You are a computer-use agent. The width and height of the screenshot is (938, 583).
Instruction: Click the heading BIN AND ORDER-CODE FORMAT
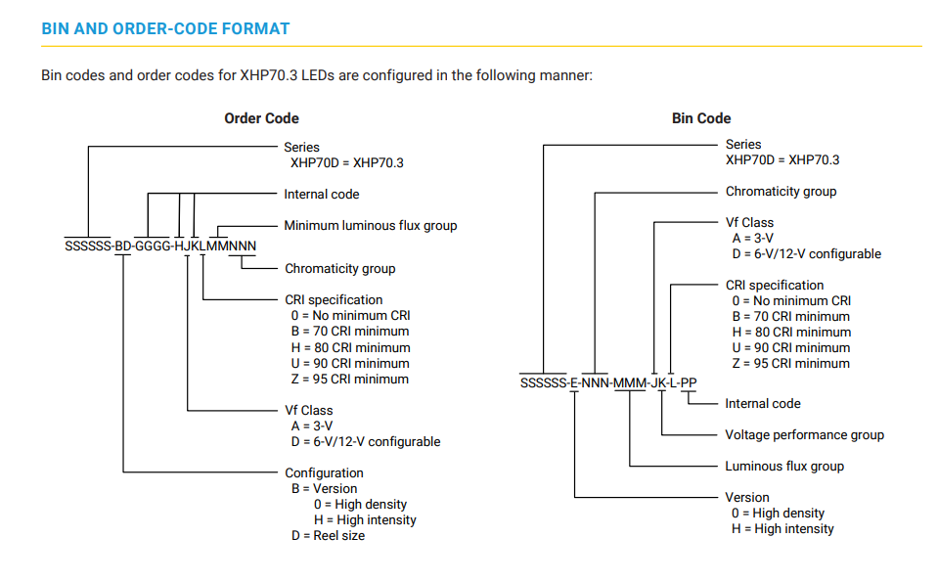[x=165, y=29]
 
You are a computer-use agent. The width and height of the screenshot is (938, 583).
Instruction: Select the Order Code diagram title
[x=261, y=118]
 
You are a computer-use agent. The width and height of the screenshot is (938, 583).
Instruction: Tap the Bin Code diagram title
[x=701, y=118]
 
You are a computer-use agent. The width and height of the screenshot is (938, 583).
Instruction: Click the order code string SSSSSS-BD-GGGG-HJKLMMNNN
[x=160, y=246]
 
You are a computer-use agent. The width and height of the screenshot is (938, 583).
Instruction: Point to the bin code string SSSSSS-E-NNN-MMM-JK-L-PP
[x=608, y=382]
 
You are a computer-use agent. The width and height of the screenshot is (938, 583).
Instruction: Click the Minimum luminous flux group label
[x=370, y=226]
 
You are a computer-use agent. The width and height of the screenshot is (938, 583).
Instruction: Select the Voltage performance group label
[x=804, y=435]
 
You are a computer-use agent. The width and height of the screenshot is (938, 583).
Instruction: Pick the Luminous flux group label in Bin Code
[x=783, y=467]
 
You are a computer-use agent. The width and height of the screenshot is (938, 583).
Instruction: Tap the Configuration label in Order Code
[x=324, y=473]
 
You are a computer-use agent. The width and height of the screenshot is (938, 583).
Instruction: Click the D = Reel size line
[x=327, y=536]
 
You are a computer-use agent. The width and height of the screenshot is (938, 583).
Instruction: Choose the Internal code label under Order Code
[x=321, y=195]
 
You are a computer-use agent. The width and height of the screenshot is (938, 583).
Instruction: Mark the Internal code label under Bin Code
[x=762, y=404]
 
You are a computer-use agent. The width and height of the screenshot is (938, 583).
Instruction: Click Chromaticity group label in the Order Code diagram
[x=339, y=269]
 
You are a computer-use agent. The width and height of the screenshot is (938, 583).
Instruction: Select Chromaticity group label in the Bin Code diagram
[x=781, y=192]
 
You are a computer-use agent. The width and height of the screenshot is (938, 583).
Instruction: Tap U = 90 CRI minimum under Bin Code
[x=791, y=348]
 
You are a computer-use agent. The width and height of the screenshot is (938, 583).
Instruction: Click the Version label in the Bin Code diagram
[x=746, y=498]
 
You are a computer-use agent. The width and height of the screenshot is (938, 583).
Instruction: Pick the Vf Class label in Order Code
[x=308, y=411]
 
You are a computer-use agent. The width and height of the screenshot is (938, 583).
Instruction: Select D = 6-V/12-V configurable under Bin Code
[x=806, y=254]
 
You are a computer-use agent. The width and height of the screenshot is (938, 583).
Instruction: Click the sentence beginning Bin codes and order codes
[x=317, y=75]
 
